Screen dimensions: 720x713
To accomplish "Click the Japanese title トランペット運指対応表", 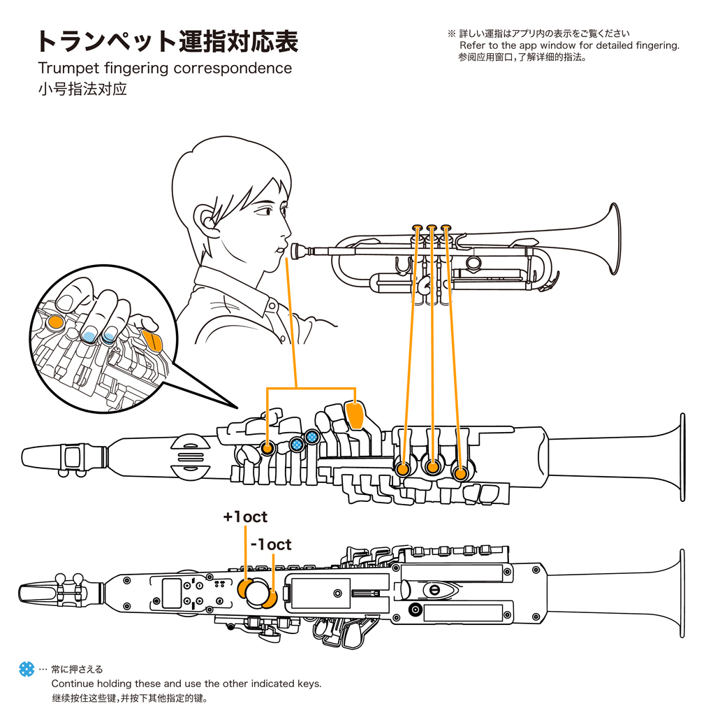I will pyautogui.click(x=168, y=42).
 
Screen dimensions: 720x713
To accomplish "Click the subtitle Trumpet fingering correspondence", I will pyautogui.click(x=165, y=69).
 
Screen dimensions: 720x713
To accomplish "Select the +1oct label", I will pyautogui.click(x=245, y=517).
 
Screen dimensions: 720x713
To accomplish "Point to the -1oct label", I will pyautogui.click(x=270, y=545).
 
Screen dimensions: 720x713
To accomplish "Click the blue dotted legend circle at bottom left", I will pyautogui.click(x=27, y=669).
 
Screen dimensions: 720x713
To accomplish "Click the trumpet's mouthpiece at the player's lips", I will pyautogui.click(x=299, y=249).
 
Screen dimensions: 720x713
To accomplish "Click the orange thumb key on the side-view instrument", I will pyautogui.click(x=355, y=415).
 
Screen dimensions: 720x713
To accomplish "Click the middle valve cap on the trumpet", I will pyautogui.click(x=432, y=228).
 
